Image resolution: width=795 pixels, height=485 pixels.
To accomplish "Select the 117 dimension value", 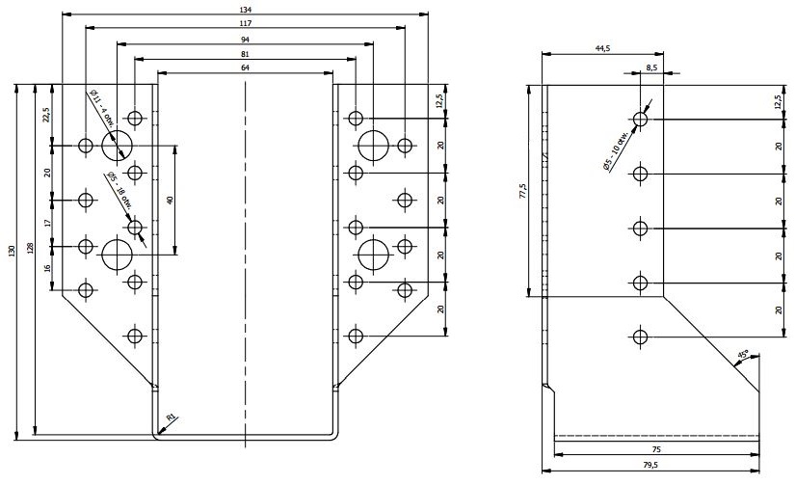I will tap(247, 23).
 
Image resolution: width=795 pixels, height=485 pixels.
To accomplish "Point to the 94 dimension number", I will tap(247, 39).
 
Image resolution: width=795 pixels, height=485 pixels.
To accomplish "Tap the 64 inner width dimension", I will tap(247, 67).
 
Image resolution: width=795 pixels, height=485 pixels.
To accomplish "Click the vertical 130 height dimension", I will tap(13, 253).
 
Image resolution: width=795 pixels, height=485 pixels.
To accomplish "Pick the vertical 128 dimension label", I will tap(32, 249).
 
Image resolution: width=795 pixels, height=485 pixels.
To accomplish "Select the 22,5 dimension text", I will tap(46, 117).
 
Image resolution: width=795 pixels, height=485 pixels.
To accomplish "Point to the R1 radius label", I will tap(172, 417).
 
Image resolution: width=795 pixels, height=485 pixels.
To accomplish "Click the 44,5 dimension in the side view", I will tap(603, 47).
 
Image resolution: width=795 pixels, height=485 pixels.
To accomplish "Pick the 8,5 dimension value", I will tap(652, 67).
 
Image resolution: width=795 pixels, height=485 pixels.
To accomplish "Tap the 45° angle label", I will tap(742, 357).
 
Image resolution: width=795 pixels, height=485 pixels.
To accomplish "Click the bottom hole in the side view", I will tap(640, 336).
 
